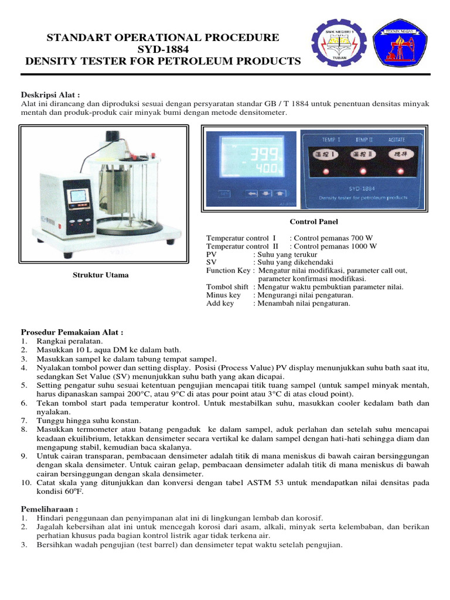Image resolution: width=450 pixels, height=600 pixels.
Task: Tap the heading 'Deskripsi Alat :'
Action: (50, 95)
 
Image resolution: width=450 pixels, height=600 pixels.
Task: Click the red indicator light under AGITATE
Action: (400, 171)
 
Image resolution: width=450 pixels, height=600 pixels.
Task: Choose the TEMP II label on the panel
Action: (364, 140)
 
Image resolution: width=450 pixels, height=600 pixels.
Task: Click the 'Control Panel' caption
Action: (313, 221)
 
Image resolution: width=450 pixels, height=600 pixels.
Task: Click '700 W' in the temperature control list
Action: (361, 238)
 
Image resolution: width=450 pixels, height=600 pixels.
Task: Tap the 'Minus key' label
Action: (220, 295)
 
